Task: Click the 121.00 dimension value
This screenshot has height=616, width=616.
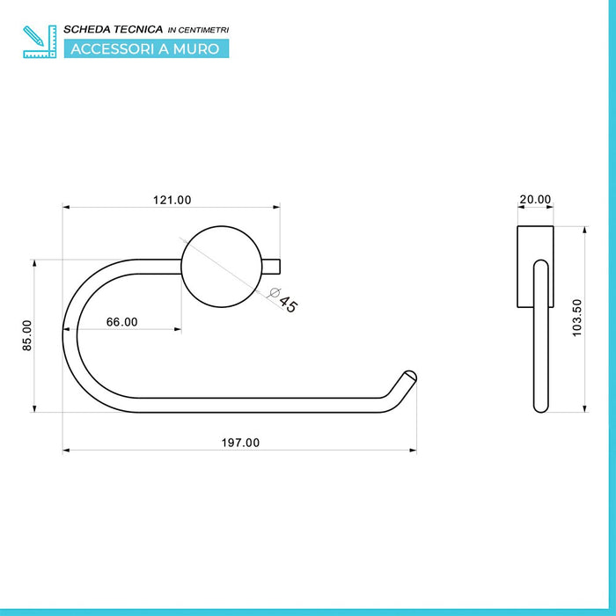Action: point(172,200)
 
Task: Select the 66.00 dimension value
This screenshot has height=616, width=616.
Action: point(121,322)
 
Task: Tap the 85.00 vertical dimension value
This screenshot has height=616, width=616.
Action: point(27,335)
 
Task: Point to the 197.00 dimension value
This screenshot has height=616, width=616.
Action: point(239,443)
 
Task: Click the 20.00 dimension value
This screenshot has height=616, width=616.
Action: point(534,200)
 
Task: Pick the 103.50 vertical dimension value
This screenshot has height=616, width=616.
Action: point(577,318)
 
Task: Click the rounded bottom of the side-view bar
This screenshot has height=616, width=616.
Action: point(540,407)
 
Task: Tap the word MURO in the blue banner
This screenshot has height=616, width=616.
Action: point(197,48)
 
